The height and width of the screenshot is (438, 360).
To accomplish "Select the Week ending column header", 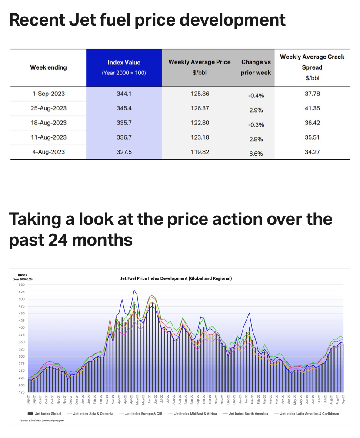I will tap(48, 67).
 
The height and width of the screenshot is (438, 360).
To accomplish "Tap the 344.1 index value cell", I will tap(124, 94).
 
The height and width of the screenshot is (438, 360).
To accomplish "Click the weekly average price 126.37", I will tap(200, 108).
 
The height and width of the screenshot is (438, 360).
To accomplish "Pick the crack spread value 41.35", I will tap(312, 108).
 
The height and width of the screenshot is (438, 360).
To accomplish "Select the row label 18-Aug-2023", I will tap(48, 123).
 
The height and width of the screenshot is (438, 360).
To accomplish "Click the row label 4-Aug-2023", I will tap(48, 152).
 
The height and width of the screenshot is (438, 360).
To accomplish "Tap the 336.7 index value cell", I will tap(124, 137).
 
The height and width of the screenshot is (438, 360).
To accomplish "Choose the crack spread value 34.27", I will tap(312, 152).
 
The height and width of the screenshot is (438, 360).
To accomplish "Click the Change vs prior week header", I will tap(256, 67).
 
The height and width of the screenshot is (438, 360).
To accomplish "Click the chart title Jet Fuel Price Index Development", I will tap(176, 278).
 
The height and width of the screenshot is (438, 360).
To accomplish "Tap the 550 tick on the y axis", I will tap(22, 285).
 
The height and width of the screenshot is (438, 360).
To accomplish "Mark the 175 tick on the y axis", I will tap(22, 393).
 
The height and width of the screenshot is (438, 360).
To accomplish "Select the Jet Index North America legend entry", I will tap(248, 413).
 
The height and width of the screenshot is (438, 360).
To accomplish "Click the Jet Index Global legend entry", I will tap(46, 413).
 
